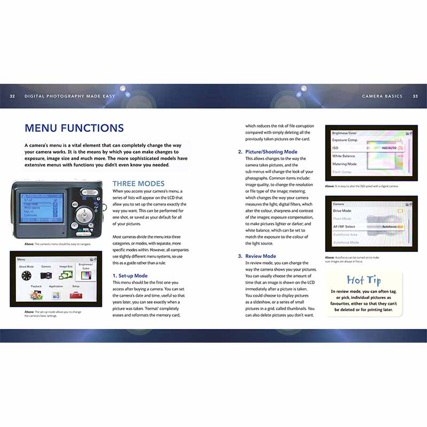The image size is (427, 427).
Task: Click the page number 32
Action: tap(12, 96)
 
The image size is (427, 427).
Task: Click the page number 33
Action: tap(415, 96)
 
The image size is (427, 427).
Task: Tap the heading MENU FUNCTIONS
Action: tap(74, 128)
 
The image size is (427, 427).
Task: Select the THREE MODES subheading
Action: tap(138, 184)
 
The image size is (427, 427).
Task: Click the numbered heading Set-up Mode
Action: tap(130, 275)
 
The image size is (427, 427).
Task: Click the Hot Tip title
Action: tap(363, 280)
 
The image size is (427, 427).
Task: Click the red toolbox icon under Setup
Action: tap(75, 295)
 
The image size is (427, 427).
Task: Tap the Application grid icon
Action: tap(56, 295)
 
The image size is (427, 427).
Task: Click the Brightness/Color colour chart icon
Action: tap(85, 275)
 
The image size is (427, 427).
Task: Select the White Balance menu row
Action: tap(344, 156)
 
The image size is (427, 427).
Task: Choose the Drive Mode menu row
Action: tap(343, 211)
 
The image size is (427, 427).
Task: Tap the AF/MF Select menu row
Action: tap(344, 227)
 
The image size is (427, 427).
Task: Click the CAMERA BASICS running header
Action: tap(383, 96)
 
